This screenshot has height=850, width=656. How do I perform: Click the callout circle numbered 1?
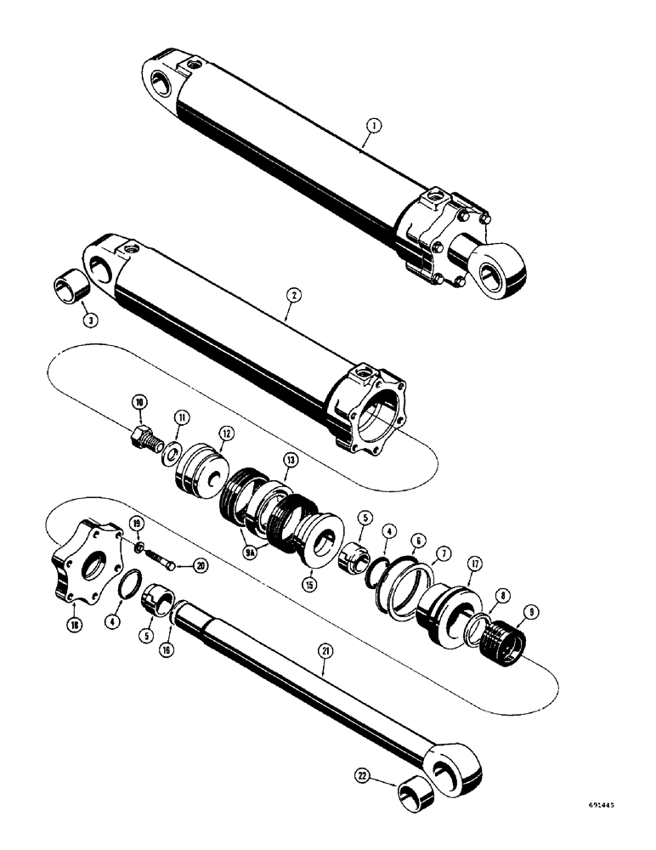(372, 125)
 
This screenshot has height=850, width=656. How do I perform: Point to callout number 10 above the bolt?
(139, 401)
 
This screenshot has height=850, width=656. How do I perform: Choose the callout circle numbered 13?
(290, 460)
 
